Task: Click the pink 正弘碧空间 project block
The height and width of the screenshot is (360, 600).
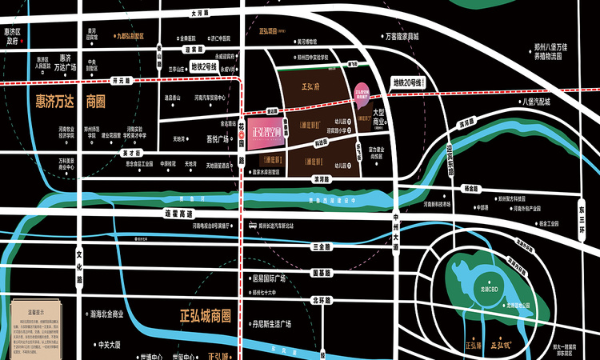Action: coord(266,134)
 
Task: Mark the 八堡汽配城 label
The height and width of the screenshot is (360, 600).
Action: coord(535,102)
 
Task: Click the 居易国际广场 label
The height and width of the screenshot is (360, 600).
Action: coord(269,278)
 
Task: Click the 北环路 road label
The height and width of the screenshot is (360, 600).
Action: coord(322,300)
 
